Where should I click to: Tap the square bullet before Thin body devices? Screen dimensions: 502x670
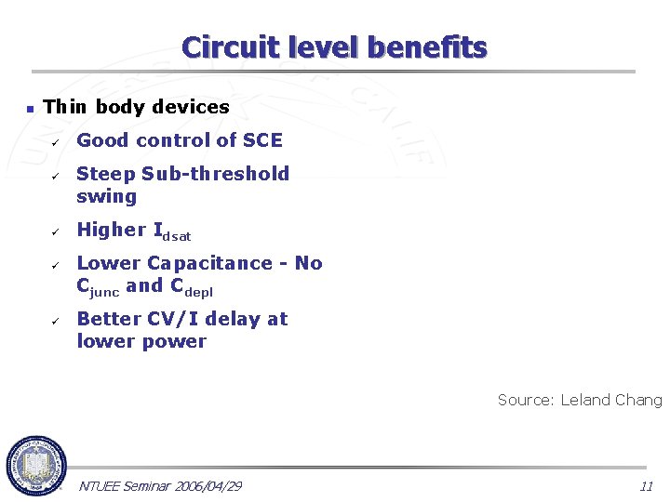29,109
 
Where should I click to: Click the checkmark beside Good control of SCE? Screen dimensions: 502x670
55,142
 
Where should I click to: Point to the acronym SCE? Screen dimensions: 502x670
262,140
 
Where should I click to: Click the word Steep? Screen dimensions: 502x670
106,174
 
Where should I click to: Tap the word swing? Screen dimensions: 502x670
106,196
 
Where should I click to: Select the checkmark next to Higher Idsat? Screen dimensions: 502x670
55,231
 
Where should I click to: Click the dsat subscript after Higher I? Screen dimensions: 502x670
177,236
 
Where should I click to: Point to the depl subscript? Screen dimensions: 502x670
198,291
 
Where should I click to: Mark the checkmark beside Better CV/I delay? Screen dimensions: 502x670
55,321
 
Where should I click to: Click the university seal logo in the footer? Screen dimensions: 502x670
36,466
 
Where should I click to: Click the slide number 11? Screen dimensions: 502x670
646,486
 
